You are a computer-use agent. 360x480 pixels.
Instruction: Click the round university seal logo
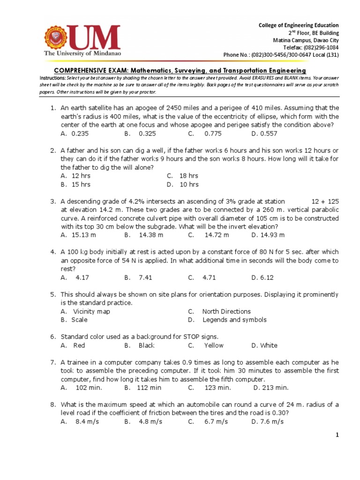59,38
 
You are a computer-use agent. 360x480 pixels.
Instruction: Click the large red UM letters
96,37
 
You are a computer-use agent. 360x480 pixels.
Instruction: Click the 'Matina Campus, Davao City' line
306,40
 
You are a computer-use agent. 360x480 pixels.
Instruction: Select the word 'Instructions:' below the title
52,77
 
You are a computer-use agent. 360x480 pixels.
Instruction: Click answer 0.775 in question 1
214,134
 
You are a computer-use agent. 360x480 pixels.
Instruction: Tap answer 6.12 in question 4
266,277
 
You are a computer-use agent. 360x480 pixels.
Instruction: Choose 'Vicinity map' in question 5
91,311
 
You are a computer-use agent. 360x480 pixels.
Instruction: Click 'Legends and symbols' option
234,320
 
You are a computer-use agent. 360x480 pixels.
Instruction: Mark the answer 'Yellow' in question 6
214,345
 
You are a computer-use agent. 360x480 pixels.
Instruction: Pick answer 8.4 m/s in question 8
87,421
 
